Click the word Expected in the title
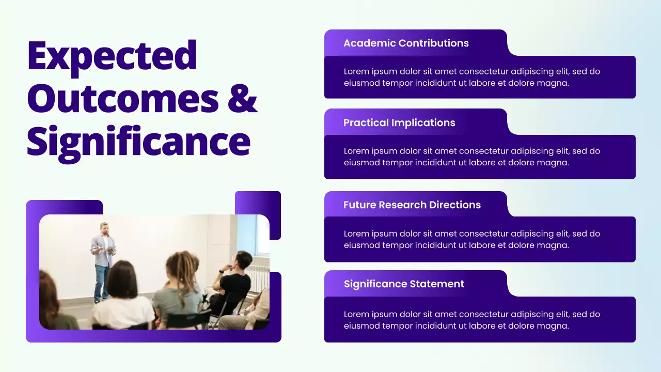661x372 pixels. [x=112, y=56]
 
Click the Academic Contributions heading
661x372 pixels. [x=406, y=43]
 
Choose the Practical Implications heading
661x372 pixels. [x=399, y=123]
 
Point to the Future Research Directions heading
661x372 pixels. [x=412, y=205]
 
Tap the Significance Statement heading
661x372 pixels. [x=404, y=284]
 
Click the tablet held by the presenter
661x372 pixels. [x=110, y=250]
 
